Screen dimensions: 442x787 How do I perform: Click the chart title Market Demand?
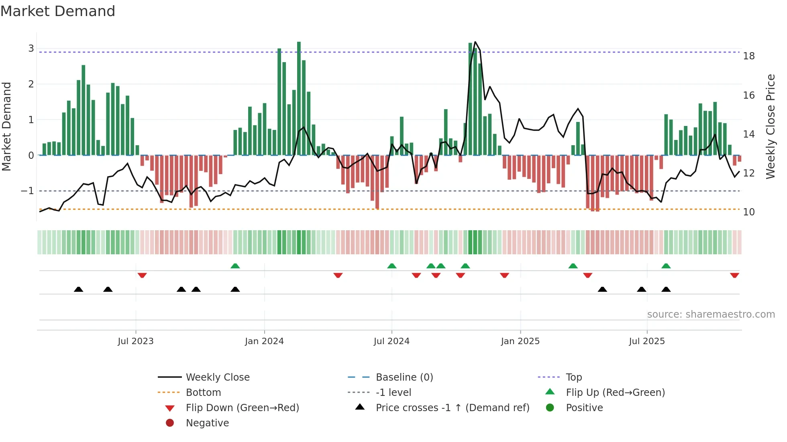click(x=58, y=11)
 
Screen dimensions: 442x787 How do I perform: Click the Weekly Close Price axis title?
click(x=770, y=126)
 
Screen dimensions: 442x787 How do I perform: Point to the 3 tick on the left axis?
click(x=31, y=49)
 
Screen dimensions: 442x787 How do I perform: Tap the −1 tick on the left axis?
click(x=27, y=191)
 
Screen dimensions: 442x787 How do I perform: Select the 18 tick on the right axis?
click(x=748, y=56)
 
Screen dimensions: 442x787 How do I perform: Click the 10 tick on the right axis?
click(x=748, y=212)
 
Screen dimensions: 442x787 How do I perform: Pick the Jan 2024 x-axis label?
click(x=264, y=341)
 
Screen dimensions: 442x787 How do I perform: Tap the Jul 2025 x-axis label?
click(x=647, y=341)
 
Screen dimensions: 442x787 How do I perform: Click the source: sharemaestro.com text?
click(x=711, y=314)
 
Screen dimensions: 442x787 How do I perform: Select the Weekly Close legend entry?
click(x=218, y=377)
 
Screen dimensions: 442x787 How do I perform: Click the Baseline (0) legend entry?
click(x=404, y=377)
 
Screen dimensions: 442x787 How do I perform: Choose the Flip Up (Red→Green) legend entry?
click(x=615, y=393)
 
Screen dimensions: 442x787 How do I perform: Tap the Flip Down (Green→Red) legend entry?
click(x=242, y=408)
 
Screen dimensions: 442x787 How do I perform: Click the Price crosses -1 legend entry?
click(x=453, y=408)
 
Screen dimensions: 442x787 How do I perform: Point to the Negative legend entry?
click(x=207, y=423)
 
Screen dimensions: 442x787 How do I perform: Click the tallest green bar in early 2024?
click(x=299, y=98)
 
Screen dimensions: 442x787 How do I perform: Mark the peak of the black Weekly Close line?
click(x=475, y=42)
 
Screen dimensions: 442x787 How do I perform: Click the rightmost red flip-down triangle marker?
click(x=734, y=275)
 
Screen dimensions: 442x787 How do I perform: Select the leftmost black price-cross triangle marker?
click(x=79, y=289)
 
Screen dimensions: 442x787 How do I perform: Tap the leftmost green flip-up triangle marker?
click(x=235, y=266)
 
